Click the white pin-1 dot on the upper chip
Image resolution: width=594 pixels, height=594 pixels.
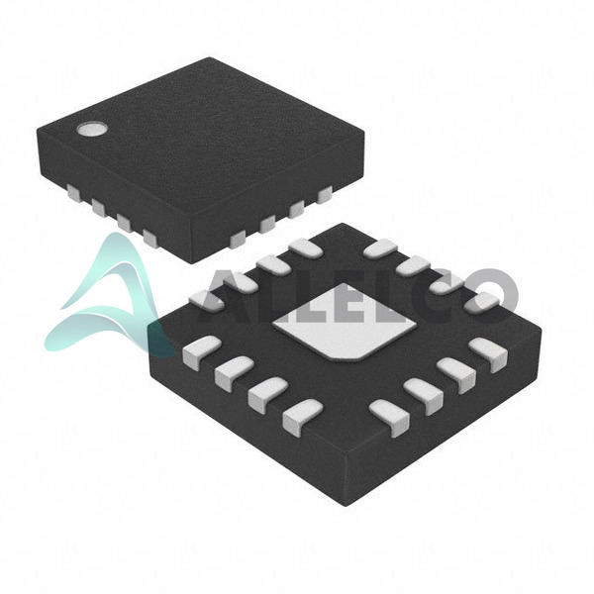(x=91, y=129)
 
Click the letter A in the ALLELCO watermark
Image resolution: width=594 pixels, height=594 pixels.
(x=229, y=299)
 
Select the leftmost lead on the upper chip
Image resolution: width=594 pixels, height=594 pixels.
(x=73, y=192)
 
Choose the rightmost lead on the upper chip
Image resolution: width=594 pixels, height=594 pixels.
(x=325, y=194)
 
